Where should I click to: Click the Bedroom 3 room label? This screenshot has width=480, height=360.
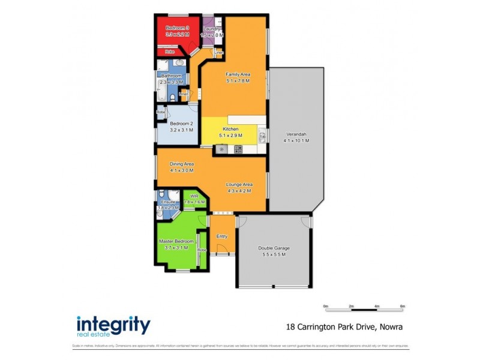pyautogui.click(x=177, y=28)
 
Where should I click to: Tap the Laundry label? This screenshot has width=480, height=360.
pyautogui.click(x=212, y=29)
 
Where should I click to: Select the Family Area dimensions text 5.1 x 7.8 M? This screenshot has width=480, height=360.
pyautogui.click(x=238, y=81)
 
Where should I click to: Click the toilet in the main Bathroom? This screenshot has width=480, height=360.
pyautogui.click(x=172, y=97)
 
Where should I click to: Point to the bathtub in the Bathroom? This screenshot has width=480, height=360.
pyautogui.click(x=160, y=90)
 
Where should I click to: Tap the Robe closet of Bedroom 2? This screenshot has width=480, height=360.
pyautogui.click(x=161, y=112)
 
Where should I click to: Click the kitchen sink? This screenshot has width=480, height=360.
pyautogui.click(x=262, y=137)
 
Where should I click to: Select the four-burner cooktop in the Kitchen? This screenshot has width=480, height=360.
pyautogui.click(x=238, y=149)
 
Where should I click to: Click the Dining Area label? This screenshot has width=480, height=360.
pyautogui.click(x=181, y=163)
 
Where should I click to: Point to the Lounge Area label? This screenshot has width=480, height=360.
pyautogui.click(x=238, y=184)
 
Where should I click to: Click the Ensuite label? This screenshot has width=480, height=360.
pyautogui.click(x=169, y=202)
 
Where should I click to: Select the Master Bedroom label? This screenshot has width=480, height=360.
pyautogui.click(x=176, y=241)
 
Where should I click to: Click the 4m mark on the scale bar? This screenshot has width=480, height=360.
pyautogui.click(x=377, y=307)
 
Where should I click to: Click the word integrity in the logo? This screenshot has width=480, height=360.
pyautogui.click(x=113, y=324)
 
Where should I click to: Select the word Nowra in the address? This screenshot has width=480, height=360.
pyautogui.click(x=391, y=328)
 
